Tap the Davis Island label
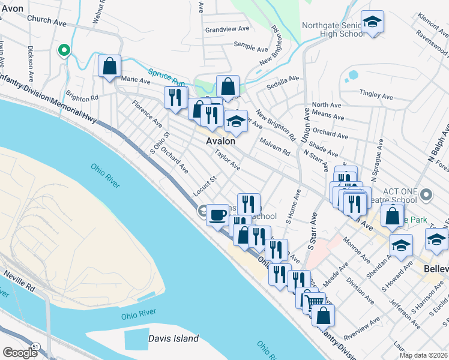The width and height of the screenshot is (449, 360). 173,338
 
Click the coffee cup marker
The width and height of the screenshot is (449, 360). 217,214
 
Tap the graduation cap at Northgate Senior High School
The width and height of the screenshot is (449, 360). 373,23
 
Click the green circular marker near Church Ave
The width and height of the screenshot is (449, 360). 63,50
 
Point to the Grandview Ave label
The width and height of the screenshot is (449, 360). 227,29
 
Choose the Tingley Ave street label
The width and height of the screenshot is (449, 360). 375,93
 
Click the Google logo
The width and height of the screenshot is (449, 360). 20,353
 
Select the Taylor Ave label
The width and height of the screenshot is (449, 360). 228,159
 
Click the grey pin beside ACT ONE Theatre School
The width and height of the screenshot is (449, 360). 427,194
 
